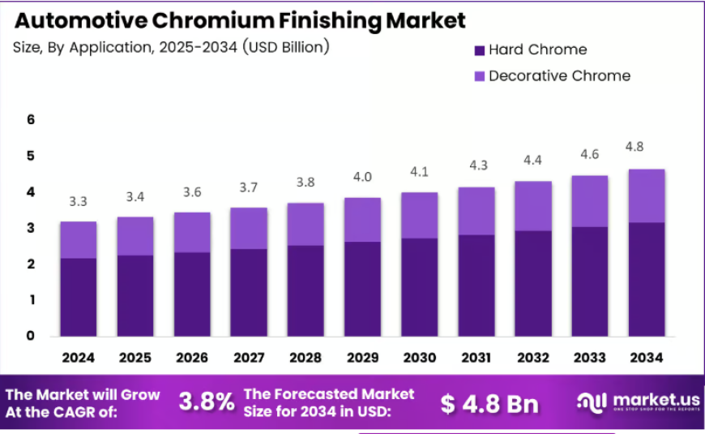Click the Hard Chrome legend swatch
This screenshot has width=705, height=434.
point(479,50)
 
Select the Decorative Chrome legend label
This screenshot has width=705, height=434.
point(559,75)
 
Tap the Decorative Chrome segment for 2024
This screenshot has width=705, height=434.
point(79,240)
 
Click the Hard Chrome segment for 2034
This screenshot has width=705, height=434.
point(647,279)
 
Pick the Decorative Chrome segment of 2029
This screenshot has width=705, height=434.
point(362,220)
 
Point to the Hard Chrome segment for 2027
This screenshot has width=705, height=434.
point(249,293)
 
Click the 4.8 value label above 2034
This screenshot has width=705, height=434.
point(634,147)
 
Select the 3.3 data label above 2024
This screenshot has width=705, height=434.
point(79,201)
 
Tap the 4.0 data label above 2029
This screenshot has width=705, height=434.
point(362,177)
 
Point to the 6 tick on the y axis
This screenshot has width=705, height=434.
point(31,119)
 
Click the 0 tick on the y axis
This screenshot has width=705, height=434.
point(31,335)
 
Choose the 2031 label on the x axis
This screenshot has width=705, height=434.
point(476,358)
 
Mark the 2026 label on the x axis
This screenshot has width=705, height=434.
point(192,358)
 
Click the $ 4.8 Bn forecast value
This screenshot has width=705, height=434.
point(489,403)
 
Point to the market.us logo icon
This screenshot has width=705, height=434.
point(592,402)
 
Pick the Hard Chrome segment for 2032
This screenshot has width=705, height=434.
point(533,284)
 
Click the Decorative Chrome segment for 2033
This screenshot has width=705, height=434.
point(590,201)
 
